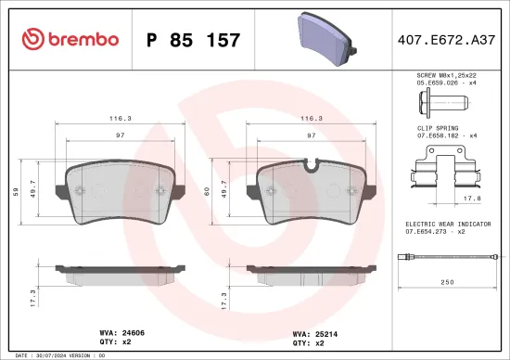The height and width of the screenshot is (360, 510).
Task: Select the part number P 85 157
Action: coord(194,40)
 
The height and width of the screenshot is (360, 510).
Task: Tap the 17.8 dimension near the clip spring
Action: coord(470,197)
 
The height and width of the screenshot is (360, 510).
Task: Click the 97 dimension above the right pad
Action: coord(311,135)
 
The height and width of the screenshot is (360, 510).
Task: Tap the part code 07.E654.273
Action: coord(434,231)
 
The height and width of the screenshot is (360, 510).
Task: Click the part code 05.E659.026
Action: coord(434,83)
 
